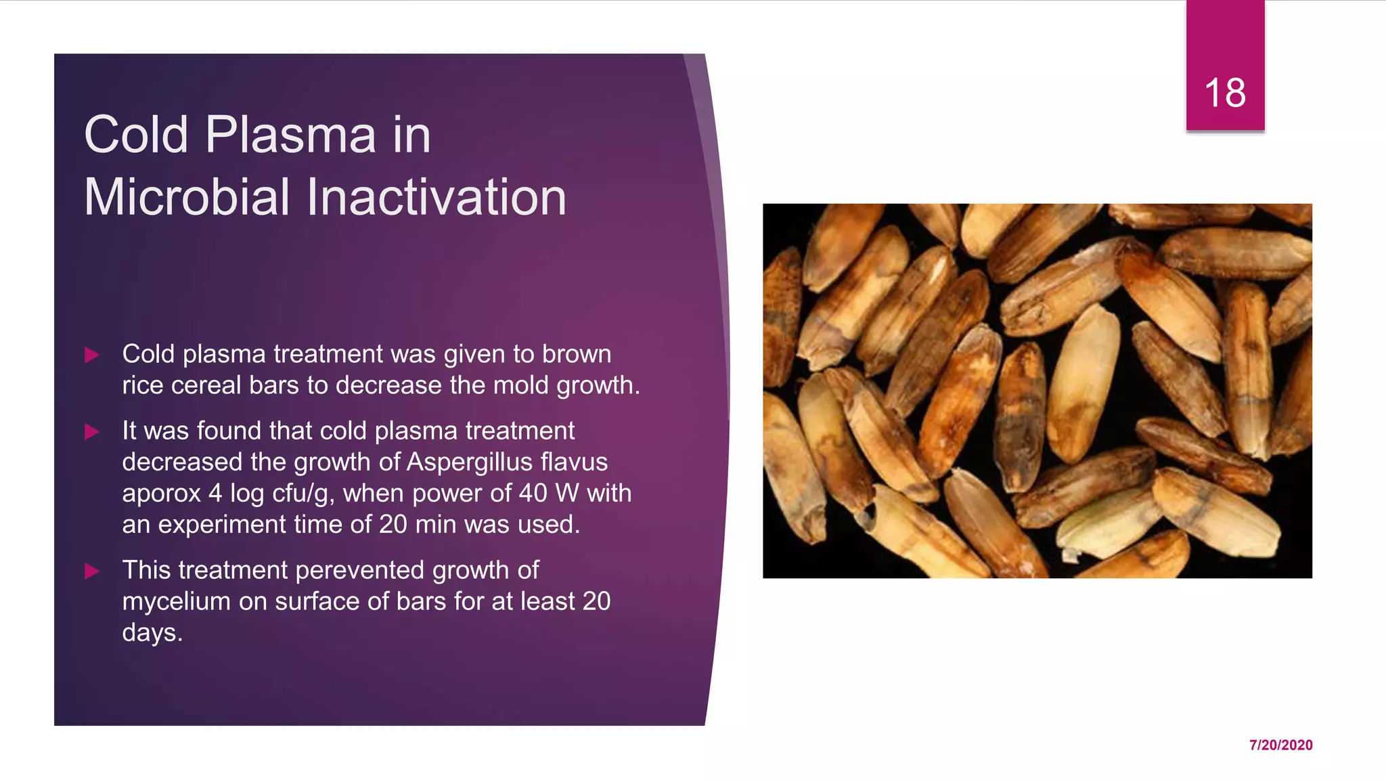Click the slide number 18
tap(1224, 93)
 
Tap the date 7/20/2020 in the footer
tap(1280, 745)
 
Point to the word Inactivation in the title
tap(437, 197)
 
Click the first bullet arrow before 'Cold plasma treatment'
tap(92, 355)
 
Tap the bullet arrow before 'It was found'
tap(92, 431)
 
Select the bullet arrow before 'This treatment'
tap(92, 571)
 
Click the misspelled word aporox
tap(161, 494)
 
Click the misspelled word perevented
tap(359, 570)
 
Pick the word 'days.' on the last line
tap(152, 632)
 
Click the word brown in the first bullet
tap(576, 354)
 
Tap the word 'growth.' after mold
tap(598, 385)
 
